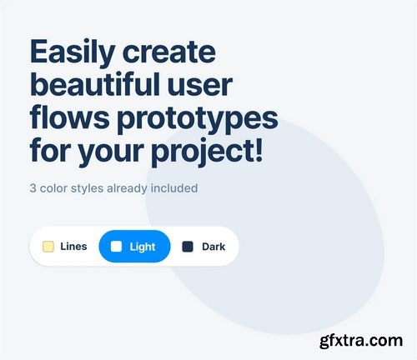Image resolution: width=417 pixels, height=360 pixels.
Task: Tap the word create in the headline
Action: [x=168, y=52]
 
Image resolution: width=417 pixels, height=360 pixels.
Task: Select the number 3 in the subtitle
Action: [x=33, y=187]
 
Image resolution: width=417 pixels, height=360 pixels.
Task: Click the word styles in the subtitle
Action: [x=88, y=187]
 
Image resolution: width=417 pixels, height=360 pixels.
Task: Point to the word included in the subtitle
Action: [x=175, y=187]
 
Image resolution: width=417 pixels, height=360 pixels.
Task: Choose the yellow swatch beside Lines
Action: [x=48, y=247]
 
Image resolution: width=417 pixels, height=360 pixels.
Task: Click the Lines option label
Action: [x=73, y=247]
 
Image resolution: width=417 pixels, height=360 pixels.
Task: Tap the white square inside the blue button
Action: [x=117, y=247]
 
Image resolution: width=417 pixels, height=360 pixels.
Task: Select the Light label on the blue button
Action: [x=143, y=247]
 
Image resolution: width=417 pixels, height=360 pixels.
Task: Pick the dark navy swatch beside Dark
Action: [x=188, y=247]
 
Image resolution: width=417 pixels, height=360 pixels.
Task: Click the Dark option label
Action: [x=214, y=247]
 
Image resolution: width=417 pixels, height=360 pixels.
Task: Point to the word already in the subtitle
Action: [x=128, y=187]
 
